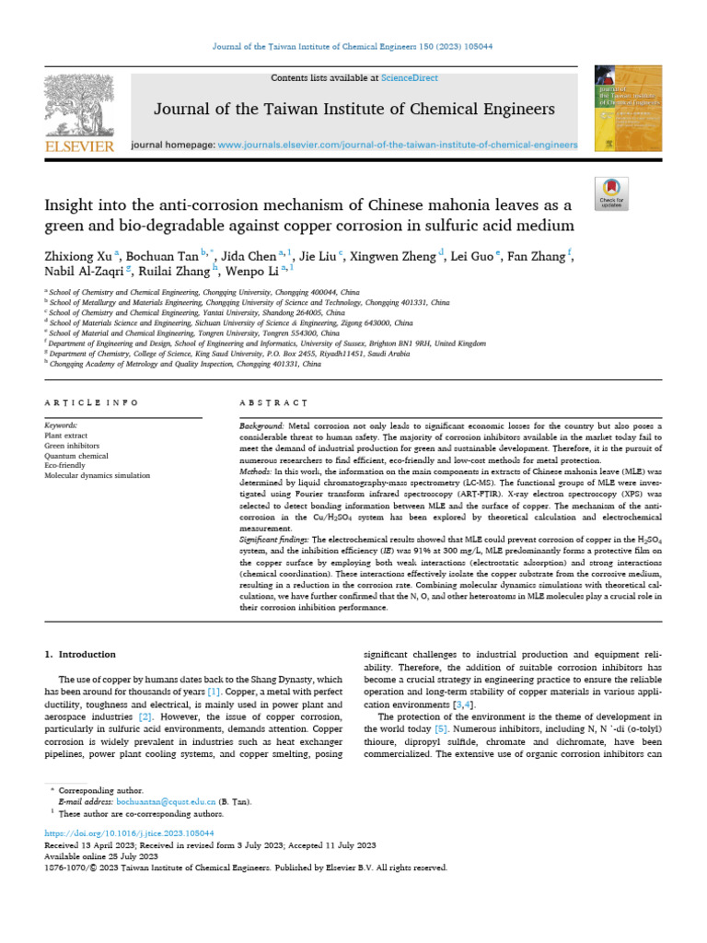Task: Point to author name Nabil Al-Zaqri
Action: pyautogui.click(x=85, y=272)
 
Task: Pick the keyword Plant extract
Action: pyautogui.click(x=66, y=434)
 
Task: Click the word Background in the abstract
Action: pyautogui.click(x=261, y=429)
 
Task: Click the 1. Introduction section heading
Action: pyautogui.click(x=81, y=655)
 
